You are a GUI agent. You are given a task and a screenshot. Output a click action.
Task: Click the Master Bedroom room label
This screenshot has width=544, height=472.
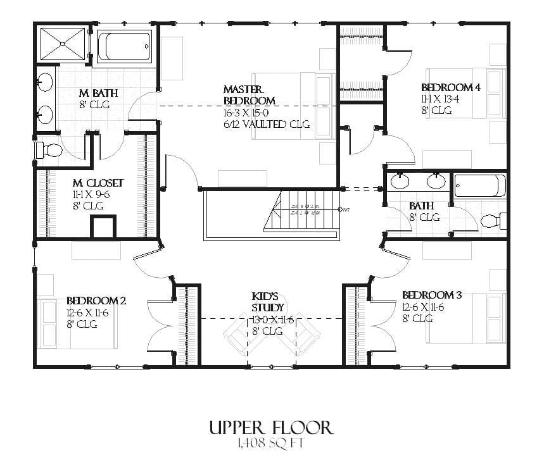pos(250,95)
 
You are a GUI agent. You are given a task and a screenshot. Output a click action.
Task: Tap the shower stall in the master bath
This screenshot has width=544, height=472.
pos(63,44)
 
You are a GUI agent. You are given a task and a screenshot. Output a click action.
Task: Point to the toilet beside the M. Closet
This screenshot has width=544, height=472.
pos(49,151)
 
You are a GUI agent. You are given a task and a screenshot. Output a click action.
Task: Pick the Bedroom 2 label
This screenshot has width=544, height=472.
pos(96,301)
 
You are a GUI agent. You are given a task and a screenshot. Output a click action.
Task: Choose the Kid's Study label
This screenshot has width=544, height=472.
pos(265,302)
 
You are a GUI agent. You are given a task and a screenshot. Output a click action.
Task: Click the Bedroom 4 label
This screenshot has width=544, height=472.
pos(450,87)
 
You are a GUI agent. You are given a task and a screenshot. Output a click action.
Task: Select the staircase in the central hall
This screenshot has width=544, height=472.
pos(302,211)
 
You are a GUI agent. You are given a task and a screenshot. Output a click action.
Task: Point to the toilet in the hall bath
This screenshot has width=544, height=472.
pos(492,221)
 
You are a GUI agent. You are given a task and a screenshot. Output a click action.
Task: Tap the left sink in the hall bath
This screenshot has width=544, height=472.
pos(400,182)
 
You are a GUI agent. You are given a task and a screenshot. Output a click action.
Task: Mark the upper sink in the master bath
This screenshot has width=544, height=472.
pos(45,82)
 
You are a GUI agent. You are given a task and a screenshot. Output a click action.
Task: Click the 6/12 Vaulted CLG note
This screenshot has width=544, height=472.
pos(267,124)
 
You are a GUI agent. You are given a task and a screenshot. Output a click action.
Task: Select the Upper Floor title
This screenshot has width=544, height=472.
pos(271,427)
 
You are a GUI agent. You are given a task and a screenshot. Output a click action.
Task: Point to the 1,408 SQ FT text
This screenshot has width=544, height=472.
pos(271,444)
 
